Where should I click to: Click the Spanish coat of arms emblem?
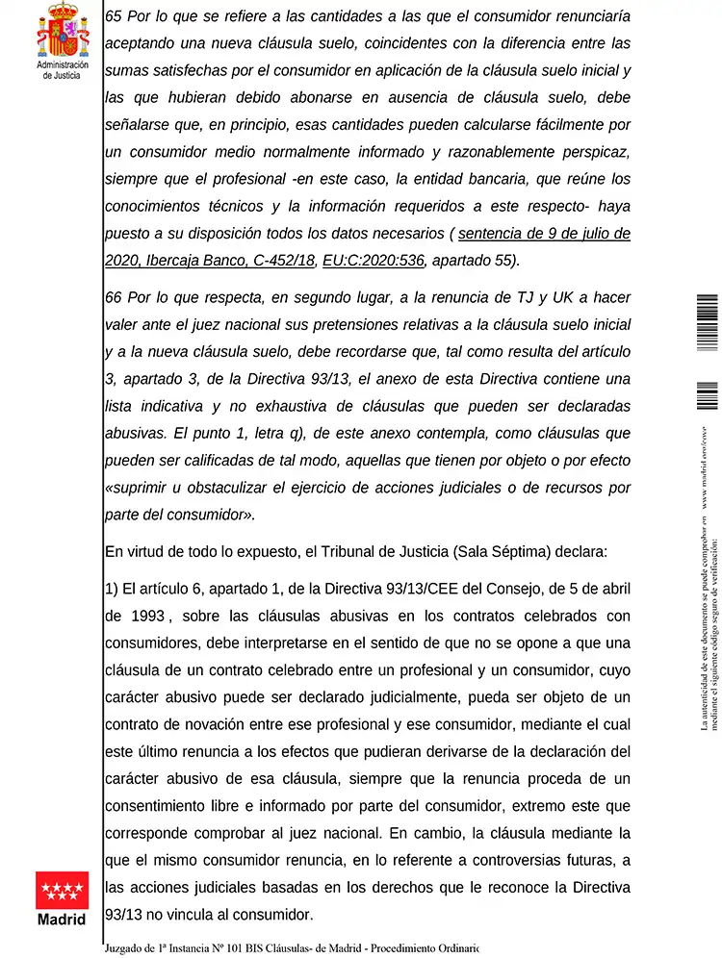63,30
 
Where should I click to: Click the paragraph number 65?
113,18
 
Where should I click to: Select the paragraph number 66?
113,298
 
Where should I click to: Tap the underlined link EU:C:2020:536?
373,259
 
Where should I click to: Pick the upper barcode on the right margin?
707,322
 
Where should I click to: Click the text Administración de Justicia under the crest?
63,70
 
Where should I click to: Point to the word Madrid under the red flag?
62,920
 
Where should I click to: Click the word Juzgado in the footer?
130,948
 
